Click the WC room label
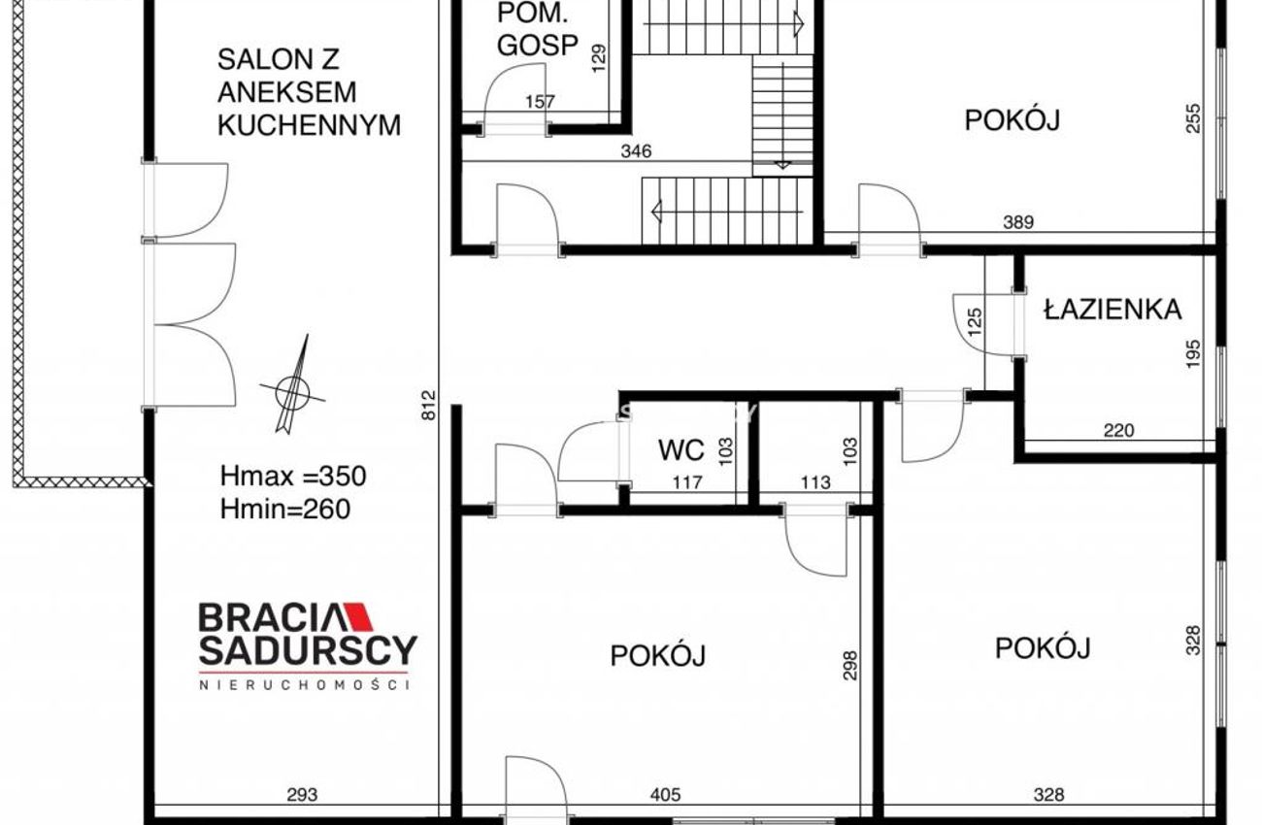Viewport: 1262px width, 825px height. click(681, 450)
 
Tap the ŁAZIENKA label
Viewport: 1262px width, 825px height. click(1113, 310)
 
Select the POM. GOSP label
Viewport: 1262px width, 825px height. click(538, 29)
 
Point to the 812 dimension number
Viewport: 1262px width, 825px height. click(429, 405)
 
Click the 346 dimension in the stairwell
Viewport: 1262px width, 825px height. click(636, 151)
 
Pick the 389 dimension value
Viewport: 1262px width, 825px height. click(1018, 222)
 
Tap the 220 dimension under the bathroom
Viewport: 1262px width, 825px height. click(1118, 431)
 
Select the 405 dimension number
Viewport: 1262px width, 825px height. click(665, 795)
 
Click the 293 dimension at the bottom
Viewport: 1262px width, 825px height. click(303, 795)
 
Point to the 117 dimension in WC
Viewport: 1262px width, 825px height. click(688, 482)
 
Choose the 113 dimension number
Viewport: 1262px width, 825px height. click(815, 482)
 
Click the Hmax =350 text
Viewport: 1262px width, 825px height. click(293, 477)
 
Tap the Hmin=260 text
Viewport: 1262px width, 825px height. click(285, 510)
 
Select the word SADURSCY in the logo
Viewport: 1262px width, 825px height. click(308, 650)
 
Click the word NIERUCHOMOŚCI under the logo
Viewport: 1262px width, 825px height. click(304, 685)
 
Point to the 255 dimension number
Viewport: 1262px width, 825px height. click(1194, 118)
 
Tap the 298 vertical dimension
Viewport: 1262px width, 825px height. click(850, 666)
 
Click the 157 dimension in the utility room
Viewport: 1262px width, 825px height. click(541, 102)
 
